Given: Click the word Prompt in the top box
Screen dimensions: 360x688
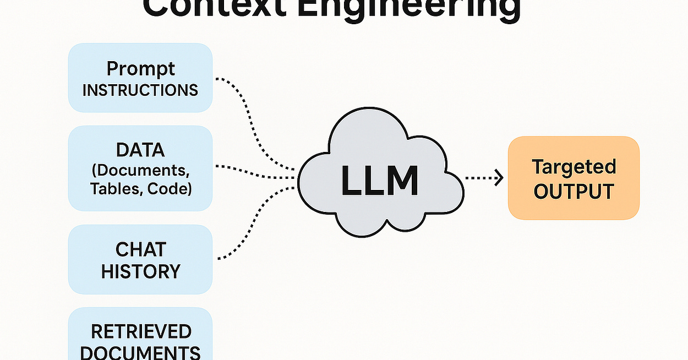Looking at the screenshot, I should point(140,69).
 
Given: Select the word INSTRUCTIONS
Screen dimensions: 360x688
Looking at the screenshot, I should point(140,90).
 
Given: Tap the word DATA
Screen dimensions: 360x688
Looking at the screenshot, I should point(140,150).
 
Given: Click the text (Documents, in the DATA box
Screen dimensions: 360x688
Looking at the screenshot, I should point(140,169).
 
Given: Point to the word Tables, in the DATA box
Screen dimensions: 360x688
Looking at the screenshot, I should point(113,188).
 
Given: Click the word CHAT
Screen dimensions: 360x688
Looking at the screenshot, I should point(140,249).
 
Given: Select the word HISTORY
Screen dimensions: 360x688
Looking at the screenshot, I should point(140,271).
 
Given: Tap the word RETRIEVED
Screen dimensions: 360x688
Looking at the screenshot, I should point(141,331).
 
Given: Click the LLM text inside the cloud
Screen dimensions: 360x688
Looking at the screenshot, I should point(380,180).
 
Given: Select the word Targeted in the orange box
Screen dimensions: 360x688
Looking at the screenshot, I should point(574,166).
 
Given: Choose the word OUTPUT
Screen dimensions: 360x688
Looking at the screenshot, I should point(574,192).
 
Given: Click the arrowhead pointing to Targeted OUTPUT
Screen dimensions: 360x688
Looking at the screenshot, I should point(500,178).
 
